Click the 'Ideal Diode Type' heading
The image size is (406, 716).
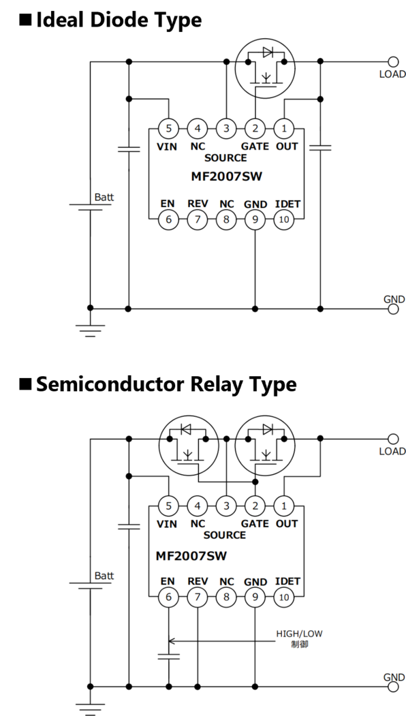point(119,20)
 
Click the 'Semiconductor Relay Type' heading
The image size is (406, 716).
point(166,384)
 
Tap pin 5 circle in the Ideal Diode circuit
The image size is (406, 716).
point(168,128)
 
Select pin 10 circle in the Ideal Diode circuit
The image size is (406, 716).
point(284,219)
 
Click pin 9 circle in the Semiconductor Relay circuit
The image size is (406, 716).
point(255,597)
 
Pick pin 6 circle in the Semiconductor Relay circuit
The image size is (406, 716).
point(168,597)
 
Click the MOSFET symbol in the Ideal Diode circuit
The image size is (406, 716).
point(265,68)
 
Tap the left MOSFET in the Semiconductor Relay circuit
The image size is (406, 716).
point(188,446)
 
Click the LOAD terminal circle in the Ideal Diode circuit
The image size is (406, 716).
point(393,61)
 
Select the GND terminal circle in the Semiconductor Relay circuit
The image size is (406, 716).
point(393,686)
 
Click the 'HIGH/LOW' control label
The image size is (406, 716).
point(299,634)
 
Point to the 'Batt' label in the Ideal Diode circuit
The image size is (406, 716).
point(104,198)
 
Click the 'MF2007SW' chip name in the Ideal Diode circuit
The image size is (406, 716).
point(227,176)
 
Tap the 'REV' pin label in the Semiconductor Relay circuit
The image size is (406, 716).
point(198,581)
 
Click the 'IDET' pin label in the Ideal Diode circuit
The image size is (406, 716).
point(287,204)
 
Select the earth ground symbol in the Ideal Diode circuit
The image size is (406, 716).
point(90,330)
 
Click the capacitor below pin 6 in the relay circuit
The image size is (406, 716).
point(168,656)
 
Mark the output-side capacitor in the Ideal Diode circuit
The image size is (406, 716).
point(320,147)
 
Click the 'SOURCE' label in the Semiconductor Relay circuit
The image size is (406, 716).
point(225,535)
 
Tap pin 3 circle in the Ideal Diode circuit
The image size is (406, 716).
point(226,128)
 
